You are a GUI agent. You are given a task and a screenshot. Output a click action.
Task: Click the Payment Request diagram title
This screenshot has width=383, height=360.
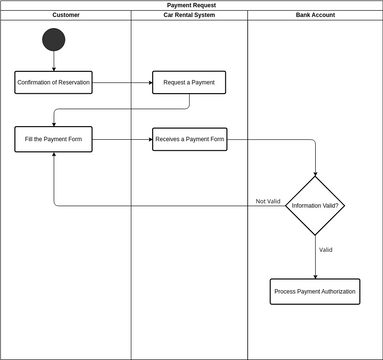[190, 5]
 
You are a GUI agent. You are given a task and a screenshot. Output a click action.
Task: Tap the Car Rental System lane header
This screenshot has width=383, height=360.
[189, 15]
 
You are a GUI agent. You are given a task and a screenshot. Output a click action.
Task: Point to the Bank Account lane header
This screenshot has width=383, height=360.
[315, 15]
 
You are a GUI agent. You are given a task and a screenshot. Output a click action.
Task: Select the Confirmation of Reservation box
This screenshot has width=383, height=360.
[54, 82]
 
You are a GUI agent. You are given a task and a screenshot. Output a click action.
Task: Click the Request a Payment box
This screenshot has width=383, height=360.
[190, 82]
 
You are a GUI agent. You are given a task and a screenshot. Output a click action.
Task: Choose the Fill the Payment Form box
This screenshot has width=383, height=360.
[54, 139]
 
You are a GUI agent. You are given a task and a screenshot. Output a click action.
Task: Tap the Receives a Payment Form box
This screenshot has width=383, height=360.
[190, 139]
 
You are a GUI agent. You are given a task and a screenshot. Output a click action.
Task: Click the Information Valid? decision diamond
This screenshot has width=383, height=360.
[315, 205]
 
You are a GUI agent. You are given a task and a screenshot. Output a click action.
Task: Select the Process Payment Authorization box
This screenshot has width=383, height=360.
[315, 291]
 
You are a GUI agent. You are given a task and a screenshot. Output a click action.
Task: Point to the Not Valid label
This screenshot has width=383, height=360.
[267, 201]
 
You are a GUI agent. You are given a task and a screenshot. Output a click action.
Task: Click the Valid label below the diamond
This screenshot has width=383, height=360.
[325, 249]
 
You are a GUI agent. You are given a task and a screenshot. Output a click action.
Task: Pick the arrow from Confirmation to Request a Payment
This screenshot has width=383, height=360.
[122, 82]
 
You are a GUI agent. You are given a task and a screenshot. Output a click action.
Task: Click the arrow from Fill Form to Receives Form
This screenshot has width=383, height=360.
[122, 139]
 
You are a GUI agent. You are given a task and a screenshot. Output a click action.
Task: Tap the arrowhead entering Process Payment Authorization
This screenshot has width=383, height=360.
[315, 275]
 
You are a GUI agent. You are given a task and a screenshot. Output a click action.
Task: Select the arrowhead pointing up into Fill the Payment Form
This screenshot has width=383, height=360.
[54, 156]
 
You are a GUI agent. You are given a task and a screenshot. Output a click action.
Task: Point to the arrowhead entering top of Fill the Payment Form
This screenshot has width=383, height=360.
[54, 123]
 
